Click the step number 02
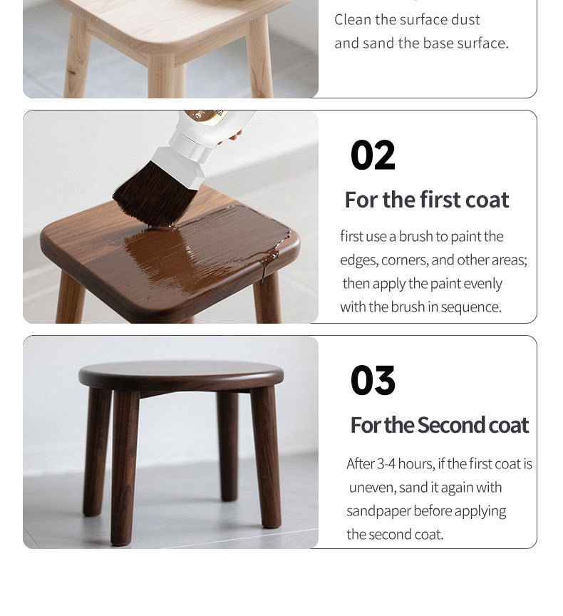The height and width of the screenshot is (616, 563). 373,155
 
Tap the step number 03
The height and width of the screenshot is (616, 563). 373,380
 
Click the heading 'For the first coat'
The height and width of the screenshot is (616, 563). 427,200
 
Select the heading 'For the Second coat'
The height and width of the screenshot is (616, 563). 439,425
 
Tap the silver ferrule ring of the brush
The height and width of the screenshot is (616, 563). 190,145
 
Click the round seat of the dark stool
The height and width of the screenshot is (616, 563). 180,376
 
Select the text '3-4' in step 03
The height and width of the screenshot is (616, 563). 386,464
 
